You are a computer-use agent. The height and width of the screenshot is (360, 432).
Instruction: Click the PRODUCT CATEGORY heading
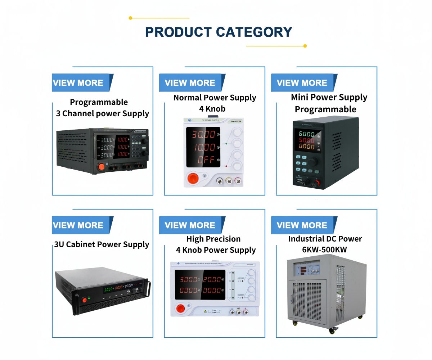click(x=218, y=32)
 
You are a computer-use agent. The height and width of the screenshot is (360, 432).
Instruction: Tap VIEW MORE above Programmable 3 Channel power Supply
click(x=78, y=83)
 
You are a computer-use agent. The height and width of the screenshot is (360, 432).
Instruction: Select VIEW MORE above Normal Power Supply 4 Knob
click(x=190, y=83)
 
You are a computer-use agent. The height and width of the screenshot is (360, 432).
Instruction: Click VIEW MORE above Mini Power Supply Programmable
click(x=302, y=83)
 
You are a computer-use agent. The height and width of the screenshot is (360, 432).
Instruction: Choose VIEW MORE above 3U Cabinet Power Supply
click(x=78, y=225)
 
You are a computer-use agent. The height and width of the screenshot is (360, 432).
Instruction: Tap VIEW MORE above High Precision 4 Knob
click(x=190, y=225)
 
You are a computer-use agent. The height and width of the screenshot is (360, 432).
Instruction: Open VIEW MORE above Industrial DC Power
click(x=302, y=225)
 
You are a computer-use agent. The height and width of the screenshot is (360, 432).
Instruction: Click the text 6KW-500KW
click(x=325, y=249)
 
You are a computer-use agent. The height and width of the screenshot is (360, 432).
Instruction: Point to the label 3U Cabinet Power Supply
click(x=102, y=245)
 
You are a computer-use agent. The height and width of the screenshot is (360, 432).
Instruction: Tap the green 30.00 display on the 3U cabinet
click(x=108, y=289)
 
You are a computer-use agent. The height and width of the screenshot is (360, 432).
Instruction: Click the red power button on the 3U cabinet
click(x=85, y=300)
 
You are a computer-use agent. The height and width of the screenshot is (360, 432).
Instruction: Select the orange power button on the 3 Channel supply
click(x=101, y=167)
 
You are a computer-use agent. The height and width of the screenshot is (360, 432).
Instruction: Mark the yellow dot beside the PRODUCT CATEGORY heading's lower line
click(x=305, y=46)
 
